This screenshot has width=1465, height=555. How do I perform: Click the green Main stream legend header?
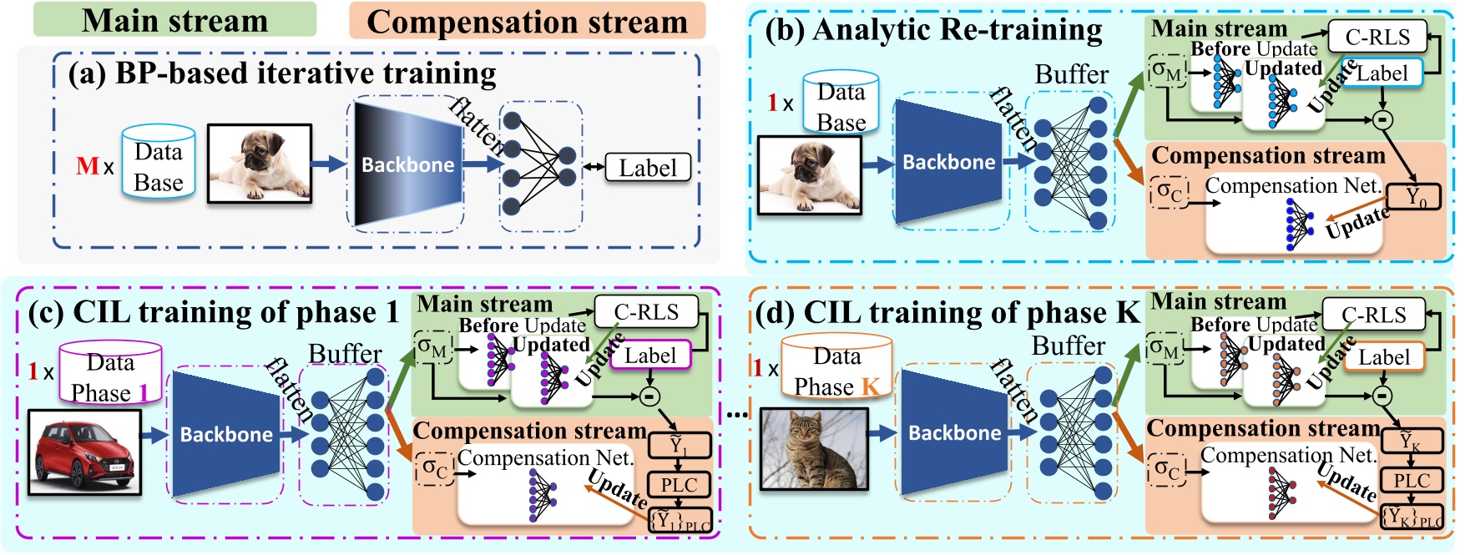[174, 20]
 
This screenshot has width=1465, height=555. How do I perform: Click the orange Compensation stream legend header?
[527, 22]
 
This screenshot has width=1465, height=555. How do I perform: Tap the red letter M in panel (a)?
[87, 165]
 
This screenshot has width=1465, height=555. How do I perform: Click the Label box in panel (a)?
[648, 168]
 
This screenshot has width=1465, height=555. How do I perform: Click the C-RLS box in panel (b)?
[1377, 38]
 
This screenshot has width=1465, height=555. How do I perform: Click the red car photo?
[83, 452]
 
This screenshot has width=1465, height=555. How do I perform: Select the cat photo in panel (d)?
[814, 448]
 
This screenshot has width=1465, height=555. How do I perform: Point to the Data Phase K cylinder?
[836, 367]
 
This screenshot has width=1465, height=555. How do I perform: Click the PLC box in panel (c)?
[679, 485]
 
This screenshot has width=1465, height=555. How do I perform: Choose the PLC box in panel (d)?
[1412, 481]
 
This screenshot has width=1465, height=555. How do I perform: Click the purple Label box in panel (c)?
[650, 356]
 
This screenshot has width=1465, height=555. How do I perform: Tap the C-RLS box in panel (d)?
[1374, 315]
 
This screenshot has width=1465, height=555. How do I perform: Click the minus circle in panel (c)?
[649, 396]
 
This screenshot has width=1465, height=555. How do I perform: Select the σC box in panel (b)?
[1169, 192]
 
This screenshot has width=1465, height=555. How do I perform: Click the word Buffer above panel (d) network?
[1068, 346]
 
